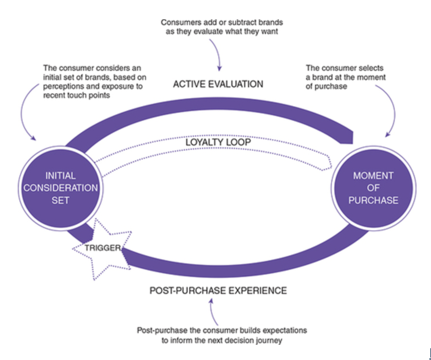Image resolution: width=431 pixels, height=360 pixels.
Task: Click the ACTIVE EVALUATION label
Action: coord(218,84)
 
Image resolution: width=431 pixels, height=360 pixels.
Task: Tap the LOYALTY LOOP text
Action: coord(218,142)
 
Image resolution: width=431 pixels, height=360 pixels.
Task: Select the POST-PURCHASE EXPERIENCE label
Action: coord(218,290)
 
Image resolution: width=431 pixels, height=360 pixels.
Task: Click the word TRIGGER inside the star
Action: coord(102,248)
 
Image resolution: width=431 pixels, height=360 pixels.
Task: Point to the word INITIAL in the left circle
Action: coord(60,176)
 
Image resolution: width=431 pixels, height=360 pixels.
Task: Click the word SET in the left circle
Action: coord(60,200)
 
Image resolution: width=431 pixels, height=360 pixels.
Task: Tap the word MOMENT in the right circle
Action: coord(373,176)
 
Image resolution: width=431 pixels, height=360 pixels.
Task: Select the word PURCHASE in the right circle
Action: coord(373,200)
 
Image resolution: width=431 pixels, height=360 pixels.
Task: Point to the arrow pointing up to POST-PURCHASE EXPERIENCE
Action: coord(212,312)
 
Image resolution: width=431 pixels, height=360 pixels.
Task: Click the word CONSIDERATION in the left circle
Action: coord(60,188)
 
